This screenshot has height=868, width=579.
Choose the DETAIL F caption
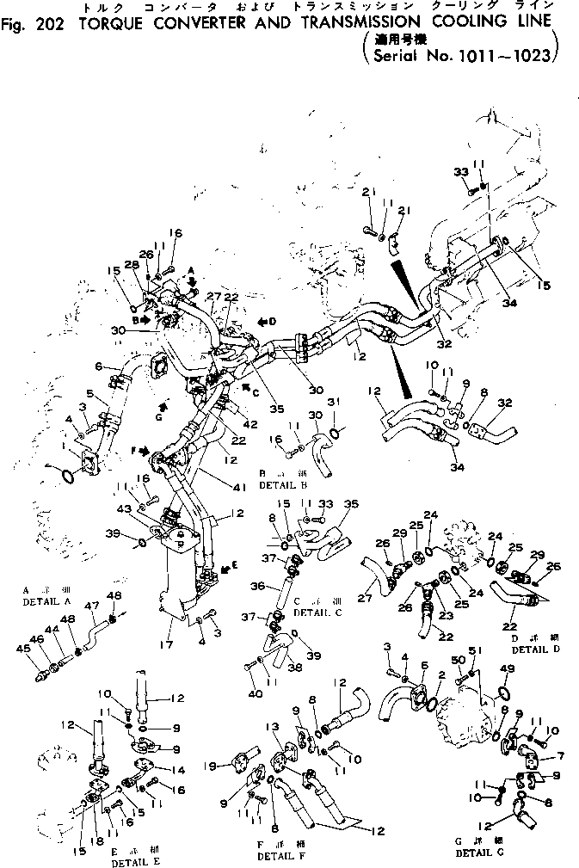click(x=277, y=857)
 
